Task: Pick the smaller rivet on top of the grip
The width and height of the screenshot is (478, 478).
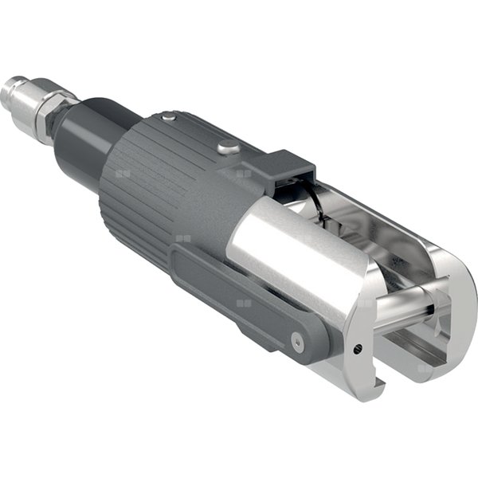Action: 168,117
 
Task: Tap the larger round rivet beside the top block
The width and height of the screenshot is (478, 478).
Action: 228,147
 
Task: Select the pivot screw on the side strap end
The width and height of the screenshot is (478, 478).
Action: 298,341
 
